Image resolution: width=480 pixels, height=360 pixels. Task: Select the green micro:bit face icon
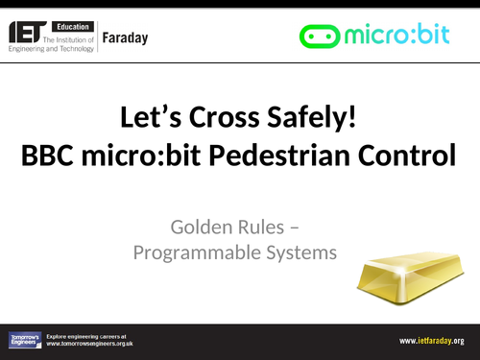tap(321, 36)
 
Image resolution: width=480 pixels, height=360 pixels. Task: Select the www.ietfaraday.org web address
tap(431, 340)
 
